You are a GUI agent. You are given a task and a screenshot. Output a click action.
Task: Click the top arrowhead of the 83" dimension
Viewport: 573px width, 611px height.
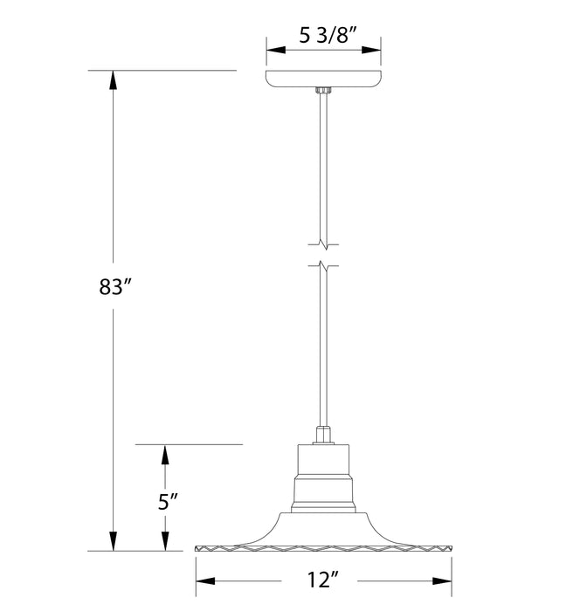(x=113, y=79)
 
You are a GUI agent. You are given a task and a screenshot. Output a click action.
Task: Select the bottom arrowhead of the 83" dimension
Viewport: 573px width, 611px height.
(x=113, y=542)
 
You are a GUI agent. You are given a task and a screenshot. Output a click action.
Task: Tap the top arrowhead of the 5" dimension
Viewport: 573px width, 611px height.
(x=163, y=452)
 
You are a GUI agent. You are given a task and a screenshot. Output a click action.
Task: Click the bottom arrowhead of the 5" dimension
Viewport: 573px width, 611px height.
(x=163, y=542)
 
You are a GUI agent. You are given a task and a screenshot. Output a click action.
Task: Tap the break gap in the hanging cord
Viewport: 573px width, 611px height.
(x=324, y=254)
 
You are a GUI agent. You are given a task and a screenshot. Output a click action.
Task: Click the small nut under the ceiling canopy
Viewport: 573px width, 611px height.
(x=324, y=90)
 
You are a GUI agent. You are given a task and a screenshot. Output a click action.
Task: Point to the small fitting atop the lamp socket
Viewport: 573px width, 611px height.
(x=323, y=434)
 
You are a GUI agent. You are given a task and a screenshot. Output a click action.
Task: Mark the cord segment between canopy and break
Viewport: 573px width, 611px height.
(x=324, y=166)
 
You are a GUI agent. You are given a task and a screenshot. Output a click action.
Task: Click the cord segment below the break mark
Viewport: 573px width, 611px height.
(x=324, y=349)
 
